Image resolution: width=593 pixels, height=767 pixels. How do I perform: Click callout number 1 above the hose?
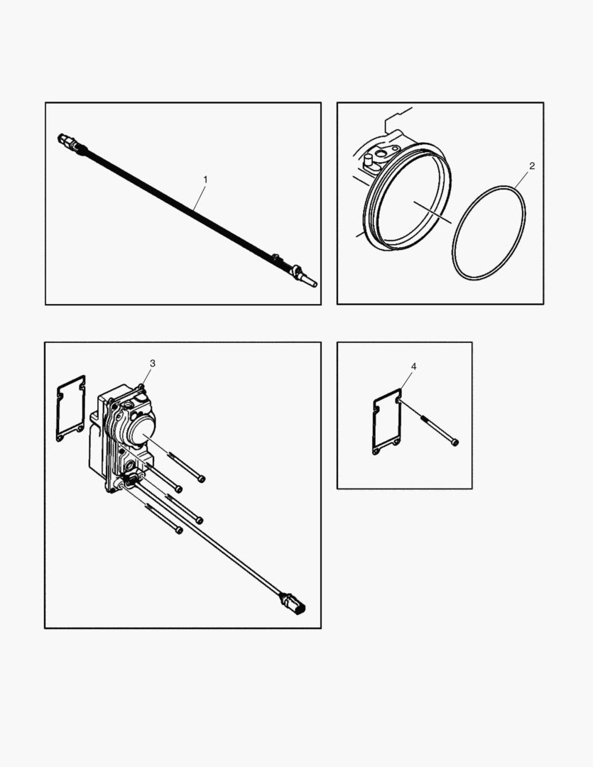click(x=205, y=180)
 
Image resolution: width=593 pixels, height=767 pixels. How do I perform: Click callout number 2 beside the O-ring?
click(x=532, y=165)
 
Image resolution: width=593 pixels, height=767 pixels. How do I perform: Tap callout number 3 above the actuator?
click(x=152, y=363)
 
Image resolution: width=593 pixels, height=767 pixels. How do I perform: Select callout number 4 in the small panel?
click(x=414, y=366)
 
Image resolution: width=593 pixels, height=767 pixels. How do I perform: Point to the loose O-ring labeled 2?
click(x=489, y=233)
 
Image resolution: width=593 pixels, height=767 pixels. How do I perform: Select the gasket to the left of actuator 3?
click(x=70, y=409)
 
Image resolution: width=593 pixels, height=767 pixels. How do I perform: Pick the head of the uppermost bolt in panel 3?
click(x=202, y=479)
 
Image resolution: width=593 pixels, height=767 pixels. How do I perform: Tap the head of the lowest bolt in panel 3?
click(x=179, y=530)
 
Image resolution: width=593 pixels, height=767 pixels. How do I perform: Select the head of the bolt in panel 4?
click(x=455, y=442)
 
